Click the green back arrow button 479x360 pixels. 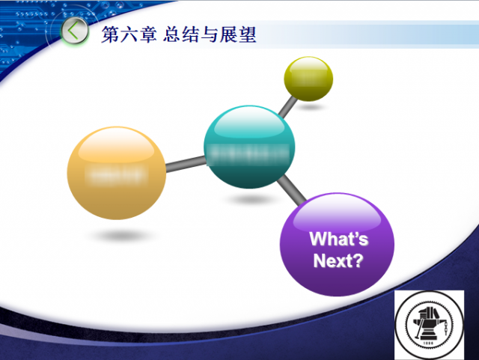pyautogui.click(x=73, y=32)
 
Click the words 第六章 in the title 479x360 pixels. pyautogui.click(x=123, y=34)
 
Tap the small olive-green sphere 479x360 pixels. pyautogui.click(x=308, y=78)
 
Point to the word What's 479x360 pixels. pyautogui.click(x=339, y=240)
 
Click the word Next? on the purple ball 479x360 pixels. pyautogui.click(x=338, y=261)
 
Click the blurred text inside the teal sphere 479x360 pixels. pyautogui.click(x=248, y=154)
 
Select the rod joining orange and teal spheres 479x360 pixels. pyautogui.click(x=185, y=162)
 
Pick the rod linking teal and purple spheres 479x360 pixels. pyautogui.click(x=291, y=191)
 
